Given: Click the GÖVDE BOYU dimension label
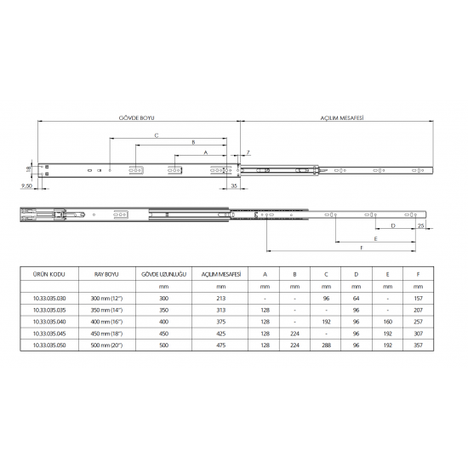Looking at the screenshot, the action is tap(137, 118).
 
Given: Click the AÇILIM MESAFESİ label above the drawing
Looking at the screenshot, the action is tap(342, 118).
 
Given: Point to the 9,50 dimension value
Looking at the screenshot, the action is tap(26, 186).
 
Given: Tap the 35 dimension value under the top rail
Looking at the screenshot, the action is tap(234, 185).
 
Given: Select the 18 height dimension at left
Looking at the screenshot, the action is tap(29, 169).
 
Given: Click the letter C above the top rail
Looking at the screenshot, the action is tap(157, 135).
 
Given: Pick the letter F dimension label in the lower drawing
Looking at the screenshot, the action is tap(362, 248).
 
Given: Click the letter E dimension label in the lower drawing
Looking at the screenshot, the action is tap(376, 239).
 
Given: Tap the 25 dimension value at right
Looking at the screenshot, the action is tap(421, 225).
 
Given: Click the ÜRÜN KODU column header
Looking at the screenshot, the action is tap(49, 274).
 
